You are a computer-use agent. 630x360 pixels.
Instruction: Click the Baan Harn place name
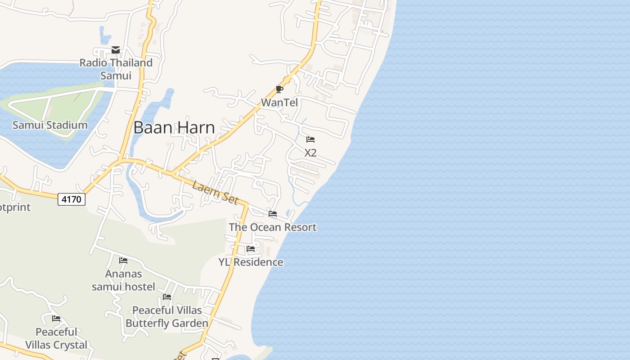coord(174,128)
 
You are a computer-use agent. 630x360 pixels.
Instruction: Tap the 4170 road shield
coord(72,199)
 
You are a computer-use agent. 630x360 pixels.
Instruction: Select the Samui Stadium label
coord(50,125)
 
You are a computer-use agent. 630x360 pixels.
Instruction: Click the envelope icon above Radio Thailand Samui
coord(116,50)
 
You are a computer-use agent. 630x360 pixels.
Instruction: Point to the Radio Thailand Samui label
coord(116,69)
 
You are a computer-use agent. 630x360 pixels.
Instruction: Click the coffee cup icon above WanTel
coord(279,89)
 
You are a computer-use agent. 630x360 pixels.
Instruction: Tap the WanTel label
coord(279,103)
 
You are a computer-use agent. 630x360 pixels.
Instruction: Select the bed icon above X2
coord(310,139)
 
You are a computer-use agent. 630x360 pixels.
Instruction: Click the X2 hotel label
coord(310,153)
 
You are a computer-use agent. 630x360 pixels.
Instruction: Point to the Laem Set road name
coord(215,192)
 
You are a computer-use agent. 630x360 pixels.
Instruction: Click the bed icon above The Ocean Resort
coord(273,214)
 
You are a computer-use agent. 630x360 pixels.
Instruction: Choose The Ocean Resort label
coord(273,227)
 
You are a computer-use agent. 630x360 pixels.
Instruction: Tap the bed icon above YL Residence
coord(251,248)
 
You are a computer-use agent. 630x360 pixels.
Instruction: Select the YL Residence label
coord(251,262)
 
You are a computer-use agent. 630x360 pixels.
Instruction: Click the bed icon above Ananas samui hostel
coord(123,261)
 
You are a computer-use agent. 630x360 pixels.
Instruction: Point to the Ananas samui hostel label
coord(123,280)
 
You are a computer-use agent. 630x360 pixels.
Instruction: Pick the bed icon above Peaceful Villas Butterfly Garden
coord(167,297)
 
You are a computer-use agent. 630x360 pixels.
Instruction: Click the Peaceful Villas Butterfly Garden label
coord(167,317)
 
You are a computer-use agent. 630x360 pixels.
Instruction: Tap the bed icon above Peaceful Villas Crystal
coord(56,319)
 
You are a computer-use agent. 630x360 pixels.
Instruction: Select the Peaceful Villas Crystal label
coord(56,338)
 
